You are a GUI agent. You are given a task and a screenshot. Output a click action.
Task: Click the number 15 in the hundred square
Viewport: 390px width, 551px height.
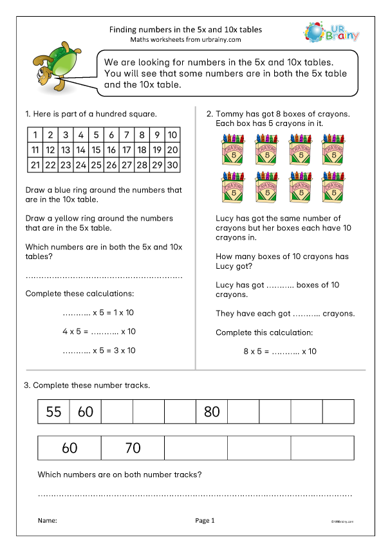pos(95,150)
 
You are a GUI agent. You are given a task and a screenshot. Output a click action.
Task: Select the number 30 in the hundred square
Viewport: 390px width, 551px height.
pos(172,165)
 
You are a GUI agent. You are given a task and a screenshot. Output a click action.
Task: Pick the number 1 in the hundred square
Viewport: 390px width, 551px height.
pos(33,135)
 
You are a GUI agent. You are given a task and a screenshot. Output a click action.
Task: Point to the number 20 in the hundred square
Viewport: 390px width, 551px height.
pos(172,150)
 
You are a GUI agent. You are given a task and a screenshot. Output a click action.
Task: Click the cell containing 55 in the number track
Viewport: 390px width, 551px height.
pos(53,411)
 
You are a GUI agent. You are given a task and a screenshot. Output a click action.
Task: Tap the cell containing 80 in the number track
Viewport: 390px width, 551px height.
pos(212,411)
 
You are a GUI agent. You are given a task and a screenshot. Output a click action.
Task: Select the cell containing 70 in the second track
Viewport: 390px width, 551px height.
pos(133,448)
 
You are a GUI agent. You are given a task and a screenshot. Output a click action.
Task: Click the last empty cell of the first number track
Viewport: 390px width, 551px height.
pos(338,411)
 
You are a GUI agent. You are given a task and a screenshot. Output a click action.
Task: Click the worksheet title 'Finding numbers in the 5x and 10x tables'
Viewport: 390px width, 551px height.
pos(186,30)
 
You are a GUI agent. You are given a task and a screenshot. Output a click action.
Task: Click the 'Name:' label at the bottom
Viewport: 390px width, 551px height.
pos(47,520)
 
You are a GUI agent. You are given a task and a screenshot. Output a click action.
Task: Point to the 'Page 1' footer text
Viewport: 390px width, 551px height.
pos(204,520)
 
